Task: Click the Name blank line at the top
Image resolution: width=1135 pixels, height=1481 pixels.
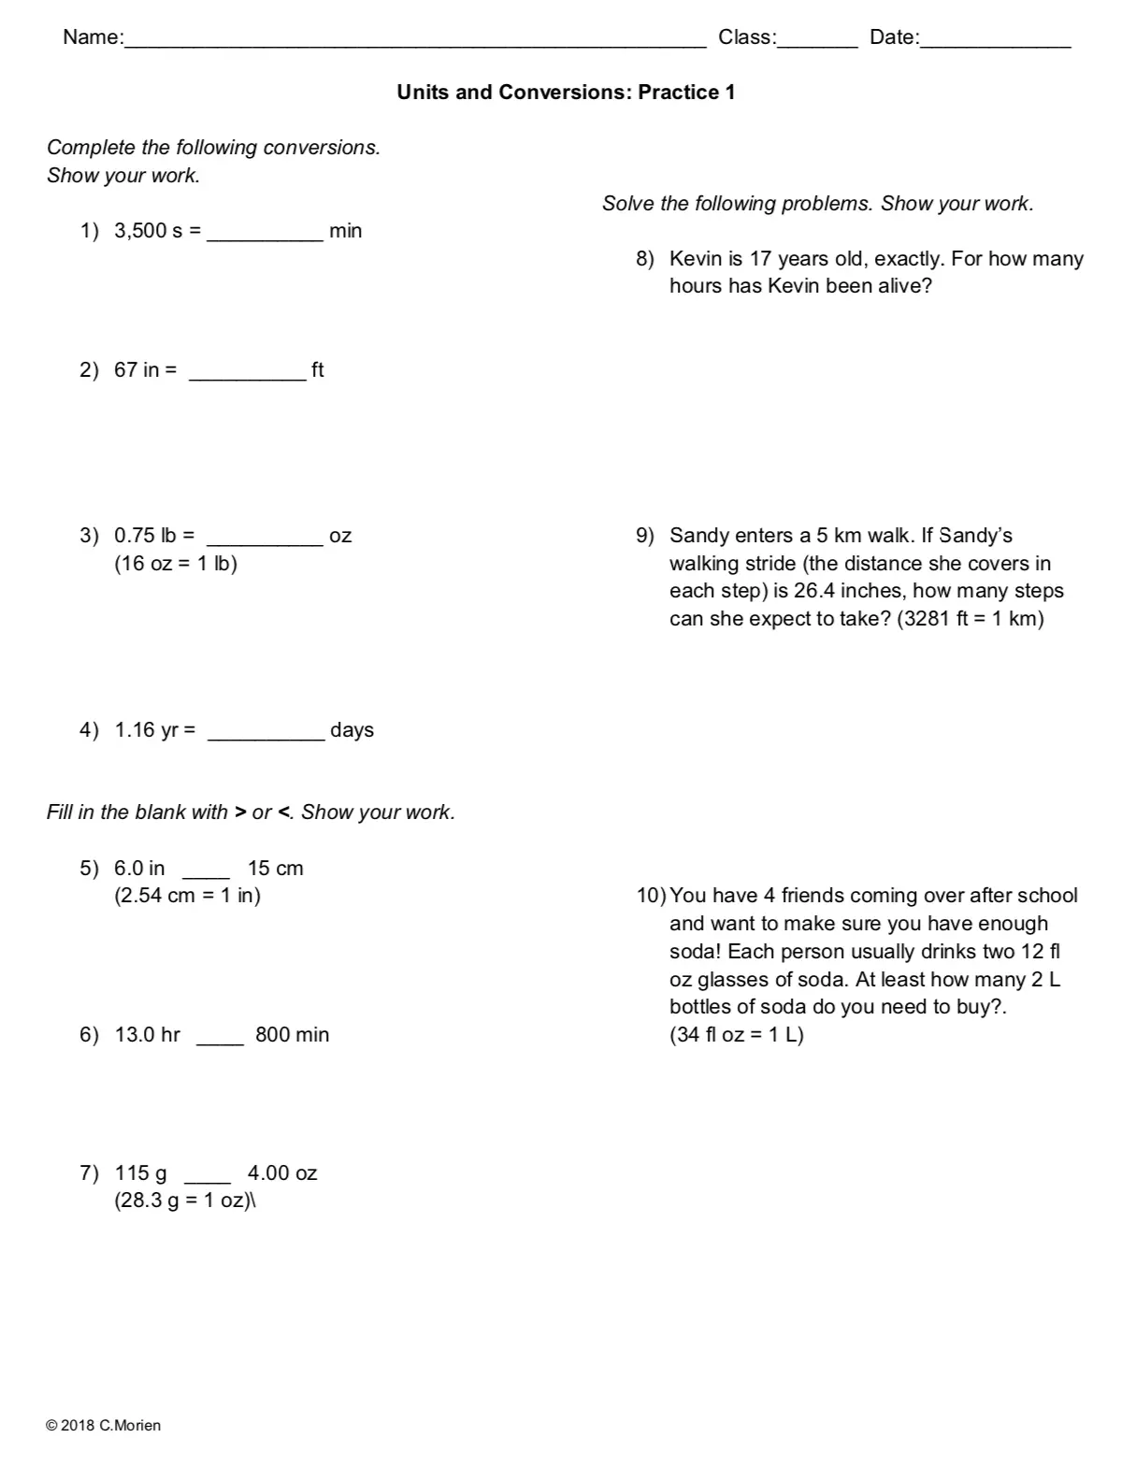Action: pos(415,42)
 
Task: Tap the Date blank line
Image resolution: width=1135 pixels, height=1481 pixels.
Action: pos(995,42)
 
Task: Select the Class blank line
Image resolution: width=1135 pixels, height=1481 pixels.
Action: pos(816,42)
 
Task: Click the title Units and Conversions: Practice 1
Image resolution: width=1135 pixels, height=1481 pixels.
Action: pos(566,92)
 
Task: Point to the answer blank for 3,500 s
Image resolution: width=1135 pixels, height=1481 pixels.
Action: pos(265,237)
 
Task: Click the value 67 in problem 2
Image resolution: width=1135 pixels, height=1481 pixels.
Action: pos(125,370)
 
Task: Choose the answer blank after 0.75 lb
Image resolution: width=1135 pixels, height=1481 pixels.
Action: pos(265,541)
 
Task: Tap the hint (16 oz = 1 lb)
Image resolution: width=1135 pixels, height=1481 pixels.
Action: pos(176,564)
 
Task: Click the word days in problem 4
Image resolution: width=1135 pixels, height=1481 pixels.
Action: pos(352,730)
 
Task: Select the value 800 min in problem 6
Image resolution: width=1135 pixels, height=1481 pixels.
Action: pos(292,1035)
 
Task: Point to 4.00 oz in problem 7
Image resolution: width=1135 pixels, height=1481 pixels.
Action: pos(282,1173)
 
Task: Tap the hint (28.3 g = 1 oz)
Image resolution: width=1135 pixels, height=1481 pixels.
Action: pos(183,1201)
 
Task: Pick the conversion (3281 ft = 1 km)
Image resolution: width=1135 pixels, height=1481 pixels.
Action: pos(970,619)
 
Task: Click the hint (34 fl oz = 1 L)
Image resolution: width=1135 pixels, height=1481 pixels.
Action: pos(737,1035)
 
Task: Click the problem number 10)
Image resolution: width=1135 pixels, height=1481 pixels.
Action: pos(651,896)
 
